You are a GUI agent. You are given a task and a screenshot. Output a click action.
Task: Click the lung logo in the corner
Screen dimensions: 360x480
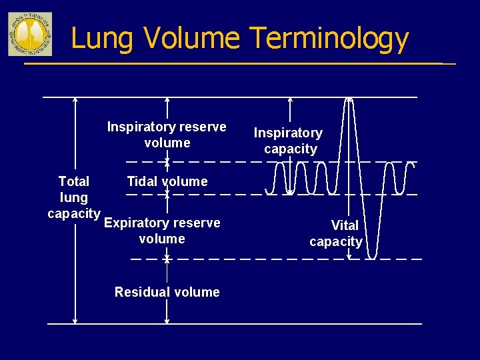pyautogui.click(x=30, y=33)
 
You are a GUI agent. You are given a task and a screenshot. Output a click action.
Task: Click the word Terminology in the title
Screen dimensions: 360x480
pyautogui.click(x=330, y=38)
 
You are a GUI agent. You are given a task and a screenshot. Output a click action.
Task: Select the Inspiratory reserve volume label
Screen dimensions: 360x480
pyautogui.click(x=167, y=135)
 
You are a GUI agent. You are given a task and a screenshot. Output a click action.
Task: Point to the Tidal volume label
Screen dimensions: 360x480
pyautogui.click(x=167, y=181)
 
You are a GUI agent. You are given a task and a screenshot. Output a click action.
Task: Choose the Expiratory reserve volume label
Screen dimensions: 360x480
pyautogui.click(x=162, y=231)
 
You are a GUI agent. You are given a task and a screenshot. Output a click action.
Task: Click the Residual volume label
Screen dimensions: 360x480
pyautogui.click(x=167, y=292)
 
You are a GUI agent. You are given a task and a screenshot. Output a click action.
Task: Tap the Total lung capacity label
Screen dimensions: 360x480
pyautogui.click(x=73, y=197)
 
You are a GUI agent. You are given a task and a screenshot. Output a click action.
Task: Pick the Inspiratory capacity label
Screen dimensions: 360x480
pyautogui.click(x=289, y=141)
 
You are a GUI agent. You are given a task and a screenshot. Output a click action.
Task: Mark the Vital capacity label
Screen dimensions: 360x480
pyautogui.click(x=337, y=233)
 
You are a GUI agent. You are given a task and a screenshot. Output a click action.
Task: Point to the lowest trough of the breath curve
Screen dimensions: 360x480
pyautogui.click(x=374, y=257)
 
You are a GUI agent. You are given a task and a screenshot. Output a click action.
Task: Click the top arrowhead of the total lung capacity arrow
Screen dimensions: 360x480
pyautogui.click(x=75, y=100)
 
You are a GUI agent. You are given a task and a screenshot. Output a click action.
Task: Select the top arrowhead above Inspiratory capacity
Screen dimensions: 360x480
pyautogui.click(x=290, y=100)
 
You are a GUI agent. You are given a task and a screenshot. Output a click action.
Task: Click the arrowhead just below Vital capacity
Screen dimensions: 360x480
pyautogui.click(x=349, y=255)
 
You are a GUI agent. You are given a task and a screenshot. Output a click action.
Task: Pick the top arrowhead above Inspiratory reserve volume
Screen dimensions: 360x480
pyautogui.click(x=167, y=100)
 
